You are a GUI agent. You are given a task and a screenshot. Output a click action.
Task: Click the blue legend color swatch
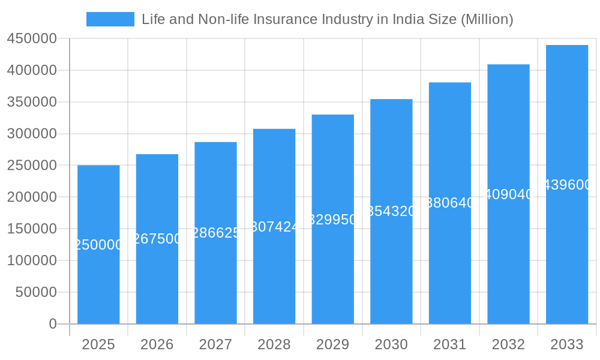click(110, 19)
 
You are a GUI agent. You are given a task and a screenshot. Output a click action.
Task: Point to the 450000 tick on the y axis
click(32, 39)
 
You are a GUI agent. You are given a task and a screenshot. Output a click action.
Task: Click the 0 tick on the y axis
click(53, 324)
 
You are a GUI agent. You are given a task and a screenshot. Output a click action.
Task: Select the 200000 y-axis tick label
click(32, 197)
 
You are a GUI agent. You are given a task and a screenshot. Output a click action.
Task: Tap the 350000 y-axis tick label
click(32, 102)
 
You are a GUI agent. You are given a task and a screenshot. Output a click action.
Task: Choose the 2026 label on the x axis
click(157, 345)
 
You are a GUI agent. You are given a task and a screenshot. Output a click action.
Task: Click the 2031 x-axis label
click(450, 345)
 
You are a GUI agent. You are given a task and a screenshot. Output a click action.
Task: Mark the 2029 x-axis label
click(333, 345)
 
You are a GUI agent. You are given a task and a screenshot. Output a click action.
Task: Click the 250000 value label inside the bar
click(98, 245)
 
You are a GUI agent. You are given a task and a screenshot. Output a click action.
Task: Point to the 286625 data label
click(216, 233)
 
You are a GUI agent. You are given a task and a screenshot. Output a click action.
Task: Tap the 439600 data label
click(567, 185)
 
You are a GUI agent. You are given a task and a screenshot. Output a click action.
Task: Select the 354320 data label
click(391, 211)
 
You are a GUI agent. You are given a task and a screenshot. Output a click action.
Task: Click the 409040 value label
click(509, 194)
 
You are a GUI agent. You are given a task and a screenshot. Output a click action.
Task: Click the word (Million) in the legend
click(487, 19)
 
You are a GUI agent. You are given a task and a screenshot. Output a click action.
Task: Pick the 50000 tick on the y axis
click(35, 292)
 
